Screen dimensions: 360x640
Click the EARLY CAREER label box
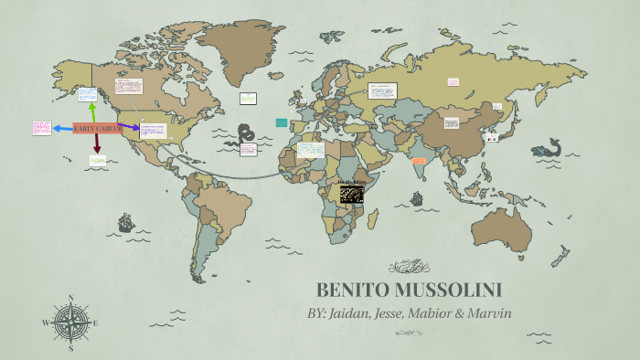point(97,128)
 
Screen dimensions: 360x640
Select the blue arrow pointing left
point(62,129)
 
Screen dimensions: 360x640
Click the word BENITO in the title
point(354,291)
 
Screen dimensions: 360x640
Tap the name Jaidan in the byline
point(365,313)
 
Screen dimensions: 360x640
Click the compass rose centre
point(69,322)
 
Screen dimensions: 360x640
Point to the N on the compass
point(70,297)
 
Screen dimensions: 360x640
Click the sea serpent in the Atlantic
point(245,137)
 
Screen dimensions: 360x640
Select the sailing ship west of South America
point(125,221)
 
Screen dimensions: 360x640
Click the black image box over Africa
point(352,194)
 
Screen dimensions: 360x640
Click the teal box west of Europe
point(282,122)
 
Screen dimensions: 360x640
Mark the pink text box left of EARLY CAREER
point(41,128)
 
